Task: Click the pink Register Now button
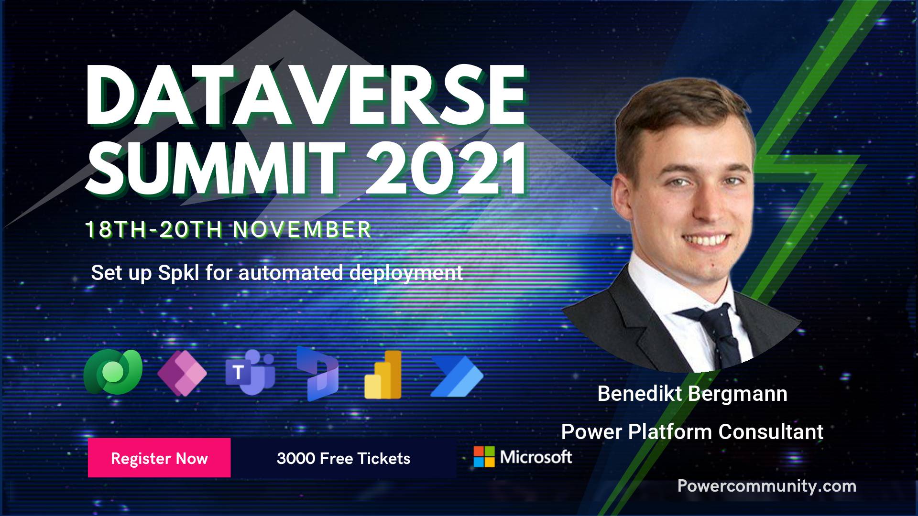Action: point(159,458)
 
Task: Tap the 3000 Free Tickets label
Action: point(343,459)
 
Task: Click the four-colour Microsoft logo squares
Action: point(484,457)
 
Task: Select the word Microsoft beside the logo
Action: point(536,457)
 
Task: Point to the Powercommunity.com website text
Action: point(767,486)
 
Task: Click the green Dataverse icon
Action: point(113,372)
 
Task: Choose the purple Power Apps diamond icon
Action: point(182,373)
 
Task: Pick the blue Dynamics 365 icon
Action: point(317,373)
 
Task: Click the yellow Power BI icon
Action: point(383,375)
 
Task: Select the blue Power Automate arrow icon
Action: point(457,376)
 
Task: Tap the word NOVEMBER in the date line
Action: point(302,230)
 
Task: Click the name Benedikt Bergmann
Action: point(692,394)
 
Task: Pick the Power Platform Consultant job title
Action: point(692,432)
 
